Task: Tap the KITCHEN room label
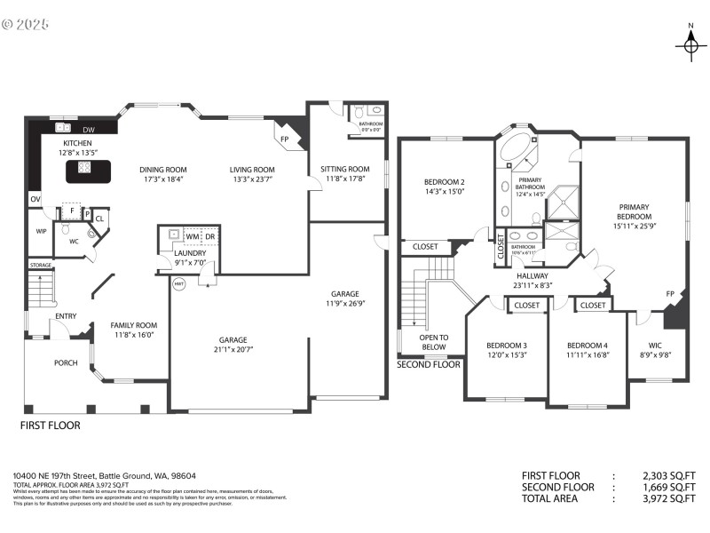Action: pyautogui.click(x=76, y=143)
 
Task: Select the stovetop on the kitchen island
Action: pyautogui.click(x=85, y=167)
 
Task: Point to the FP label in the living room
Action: pyautogui.click(x=284, y=139)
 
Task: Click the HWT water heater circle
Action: pyautogui.click(x=177, y=284)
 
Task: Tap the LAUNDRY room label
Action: pyautogui.click(x=190, y=252)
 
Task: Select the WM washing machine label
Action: pyautogui.click(x=193, y=236)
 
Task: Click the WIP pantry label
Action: pyautogui.click(x=41, y=231)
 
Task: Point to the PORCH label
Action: pyautogui.click(x=66, y=362)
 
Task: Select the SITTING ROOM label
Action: pyautogui.click(x=344, y=169)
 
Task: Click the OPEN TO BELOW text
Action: pyautogui.click(x=434, y=342)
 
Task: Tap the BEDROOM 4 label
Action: pyautogui.click(x=588, y=345)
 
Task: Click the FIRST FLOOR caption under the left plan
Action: pyautogui.click(x=50, y=426)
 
